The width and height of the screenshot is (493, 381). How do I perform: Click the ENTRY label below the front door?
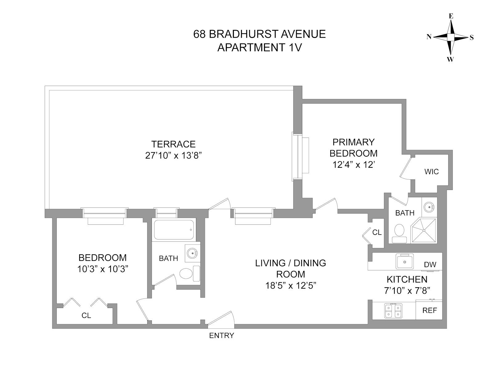[222, 335]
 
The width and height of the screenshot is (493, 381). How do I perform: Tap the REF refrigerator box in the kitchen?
[430, 310]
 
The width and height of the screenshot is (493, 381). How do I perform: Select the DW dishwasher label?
[430, 264]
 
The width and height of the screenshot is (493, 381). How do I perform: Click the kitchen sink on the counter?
[405, 262]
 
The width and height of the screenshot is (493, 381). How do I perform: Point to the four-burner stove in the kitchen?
[393, 311]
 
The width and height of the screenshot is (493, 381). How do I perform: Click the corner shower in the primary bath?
[424, 230]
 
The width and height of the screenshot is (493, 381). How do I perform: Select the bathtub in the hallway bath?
[174, 230]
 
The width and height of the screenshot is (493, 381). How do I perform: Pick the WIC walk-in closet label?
[431, 172]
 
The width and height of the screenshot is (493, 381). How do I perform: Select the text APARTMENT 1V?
[259, 47]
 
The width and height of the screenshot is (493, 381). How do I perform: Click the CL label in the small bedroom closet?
[86, 315]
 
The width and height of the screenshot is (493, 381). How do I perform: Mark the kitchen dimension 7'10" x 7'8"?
[407, 290]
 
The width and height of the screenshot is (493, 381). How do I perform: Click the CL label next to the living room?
[377, 232]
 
